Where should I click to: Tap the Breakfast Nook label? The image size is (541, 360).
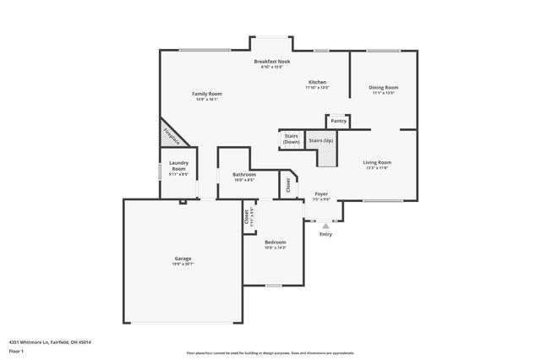(x=273, y=62)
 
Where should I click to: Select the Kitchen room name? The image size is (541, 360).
(x=317, y=82)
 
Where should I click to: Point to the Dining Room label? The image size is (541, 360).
(x=384, y=87)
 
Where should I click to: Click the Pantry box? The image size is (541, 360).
(x=338, y=121)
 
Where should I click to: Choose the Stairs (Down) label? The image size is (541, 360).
(x=291, y=139)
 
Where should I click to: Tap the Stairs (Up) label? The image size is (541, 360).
(x=320, y=140)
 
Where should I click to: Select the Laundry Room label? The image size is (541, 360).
(x=178, y=166)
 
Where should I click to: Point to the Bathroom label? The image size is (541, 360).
(x=244, y=175)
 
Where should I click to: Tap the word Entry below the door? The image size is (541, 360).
(x=325, y=234)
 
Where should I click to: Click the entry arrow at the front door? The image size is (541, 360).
(x=325, y=226)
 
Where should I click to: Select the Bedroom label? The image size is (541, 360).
(x=275, y=243)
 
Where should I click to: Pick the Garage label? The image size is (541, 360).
(x=183, y=258)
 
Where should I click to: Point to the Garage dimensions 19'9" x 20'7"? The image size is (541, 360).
(x=183, y=264)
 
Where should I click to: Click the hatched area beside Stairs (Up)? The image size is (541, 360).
(x=326, y=155)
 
